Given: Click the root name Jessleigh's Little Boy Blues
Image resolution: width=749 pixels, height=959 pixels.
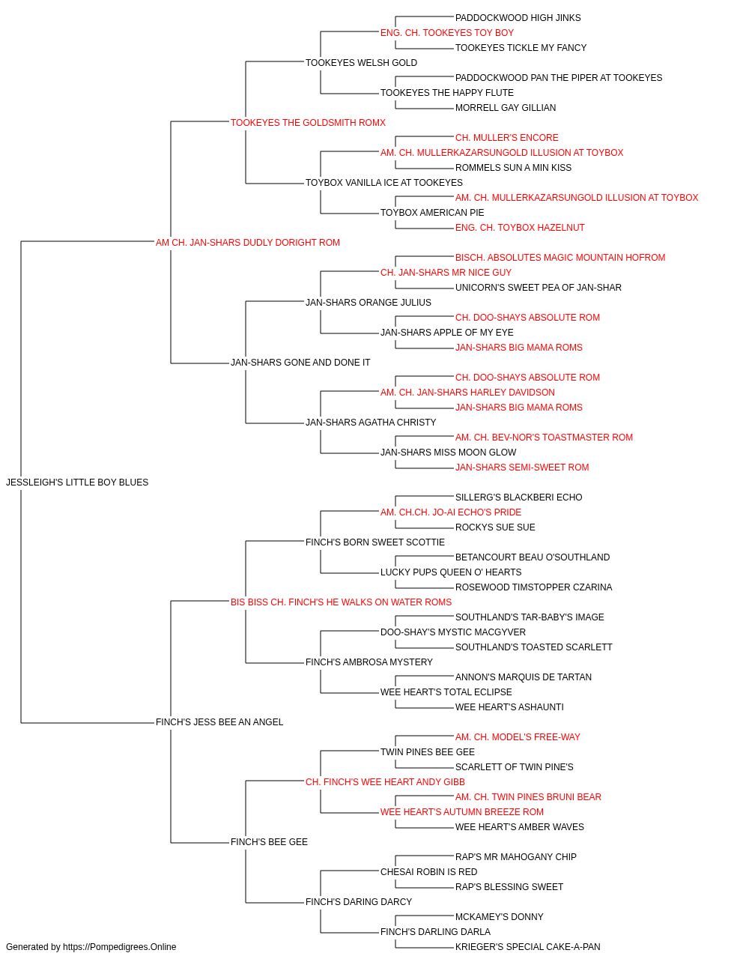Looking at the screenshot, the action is [x=77, y=482].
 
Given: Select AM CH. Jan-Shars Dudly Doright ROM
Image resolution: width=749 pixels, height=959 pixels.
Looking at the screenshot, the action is [x=248, y=243].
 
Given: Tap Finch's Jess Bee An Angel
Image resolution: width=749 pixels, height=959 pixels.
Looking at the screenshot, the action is [x=219, y=722].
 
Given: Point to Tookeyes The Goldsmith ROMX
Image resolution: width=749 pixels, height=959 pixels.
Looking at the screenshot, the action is [x=308, y=123].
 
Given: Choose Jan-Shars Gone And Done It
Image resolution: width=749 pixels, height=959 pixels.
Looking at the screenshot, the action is [x=300, y=363].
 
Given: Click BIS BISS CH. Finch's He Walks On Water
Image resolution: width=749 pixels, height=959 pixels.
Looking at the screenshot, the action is [x=341, y=602].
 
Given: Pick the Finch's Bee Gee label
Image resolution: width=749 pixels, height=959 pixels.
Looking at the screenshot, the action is [x=269, y=842].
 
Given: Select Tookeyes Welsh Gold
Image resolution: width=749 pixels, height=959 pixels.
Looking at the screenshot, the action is [x=361, y=63].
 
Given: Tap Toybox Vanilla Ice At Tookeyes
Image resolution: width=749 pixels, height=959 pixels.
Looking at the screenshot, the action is [x=384, y=183].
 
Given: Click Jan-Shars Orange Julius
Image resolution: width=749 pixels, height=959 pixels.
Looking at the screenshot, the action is [x=369, y=303].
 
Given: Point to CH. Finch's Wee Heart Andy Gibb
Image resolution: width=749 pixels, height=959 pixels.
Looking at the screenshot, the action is [x=385, y=782].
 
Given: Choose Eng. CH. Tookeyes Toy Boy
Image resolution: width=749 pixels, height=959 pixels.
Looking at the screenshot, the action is [x=447, y=33].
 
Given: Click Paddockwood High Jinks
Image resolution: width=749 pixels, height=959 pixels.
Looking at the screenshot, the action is [x=518, y=18].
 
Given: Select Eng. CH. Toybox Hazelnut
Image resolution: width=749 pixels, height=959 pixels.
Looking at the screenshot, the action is [x=520, y=228].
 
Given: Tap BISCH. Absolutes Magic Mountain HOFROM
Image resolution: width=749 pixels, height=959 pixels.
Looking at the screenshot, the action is [x=560, y=258].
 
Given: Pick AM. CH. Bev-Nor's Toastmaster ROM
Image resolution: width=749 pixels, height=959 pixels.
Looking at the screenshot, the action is [x=544, y=438].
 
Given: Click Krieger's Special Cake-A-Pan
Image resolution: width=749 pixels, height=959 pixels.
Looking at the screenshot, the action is [x=527, y=947].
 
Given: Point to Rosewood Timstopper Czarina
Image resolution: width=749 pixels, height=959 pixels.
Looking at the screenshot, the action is [x=534, y=587].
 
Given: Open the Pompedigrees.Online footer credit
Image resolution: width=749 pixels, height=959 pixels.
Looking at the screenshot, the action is [x=91, y=947].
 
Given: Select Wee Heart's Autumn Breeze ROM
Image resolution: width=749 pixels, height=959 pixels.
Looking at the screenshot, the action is [x=462, y=812].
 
